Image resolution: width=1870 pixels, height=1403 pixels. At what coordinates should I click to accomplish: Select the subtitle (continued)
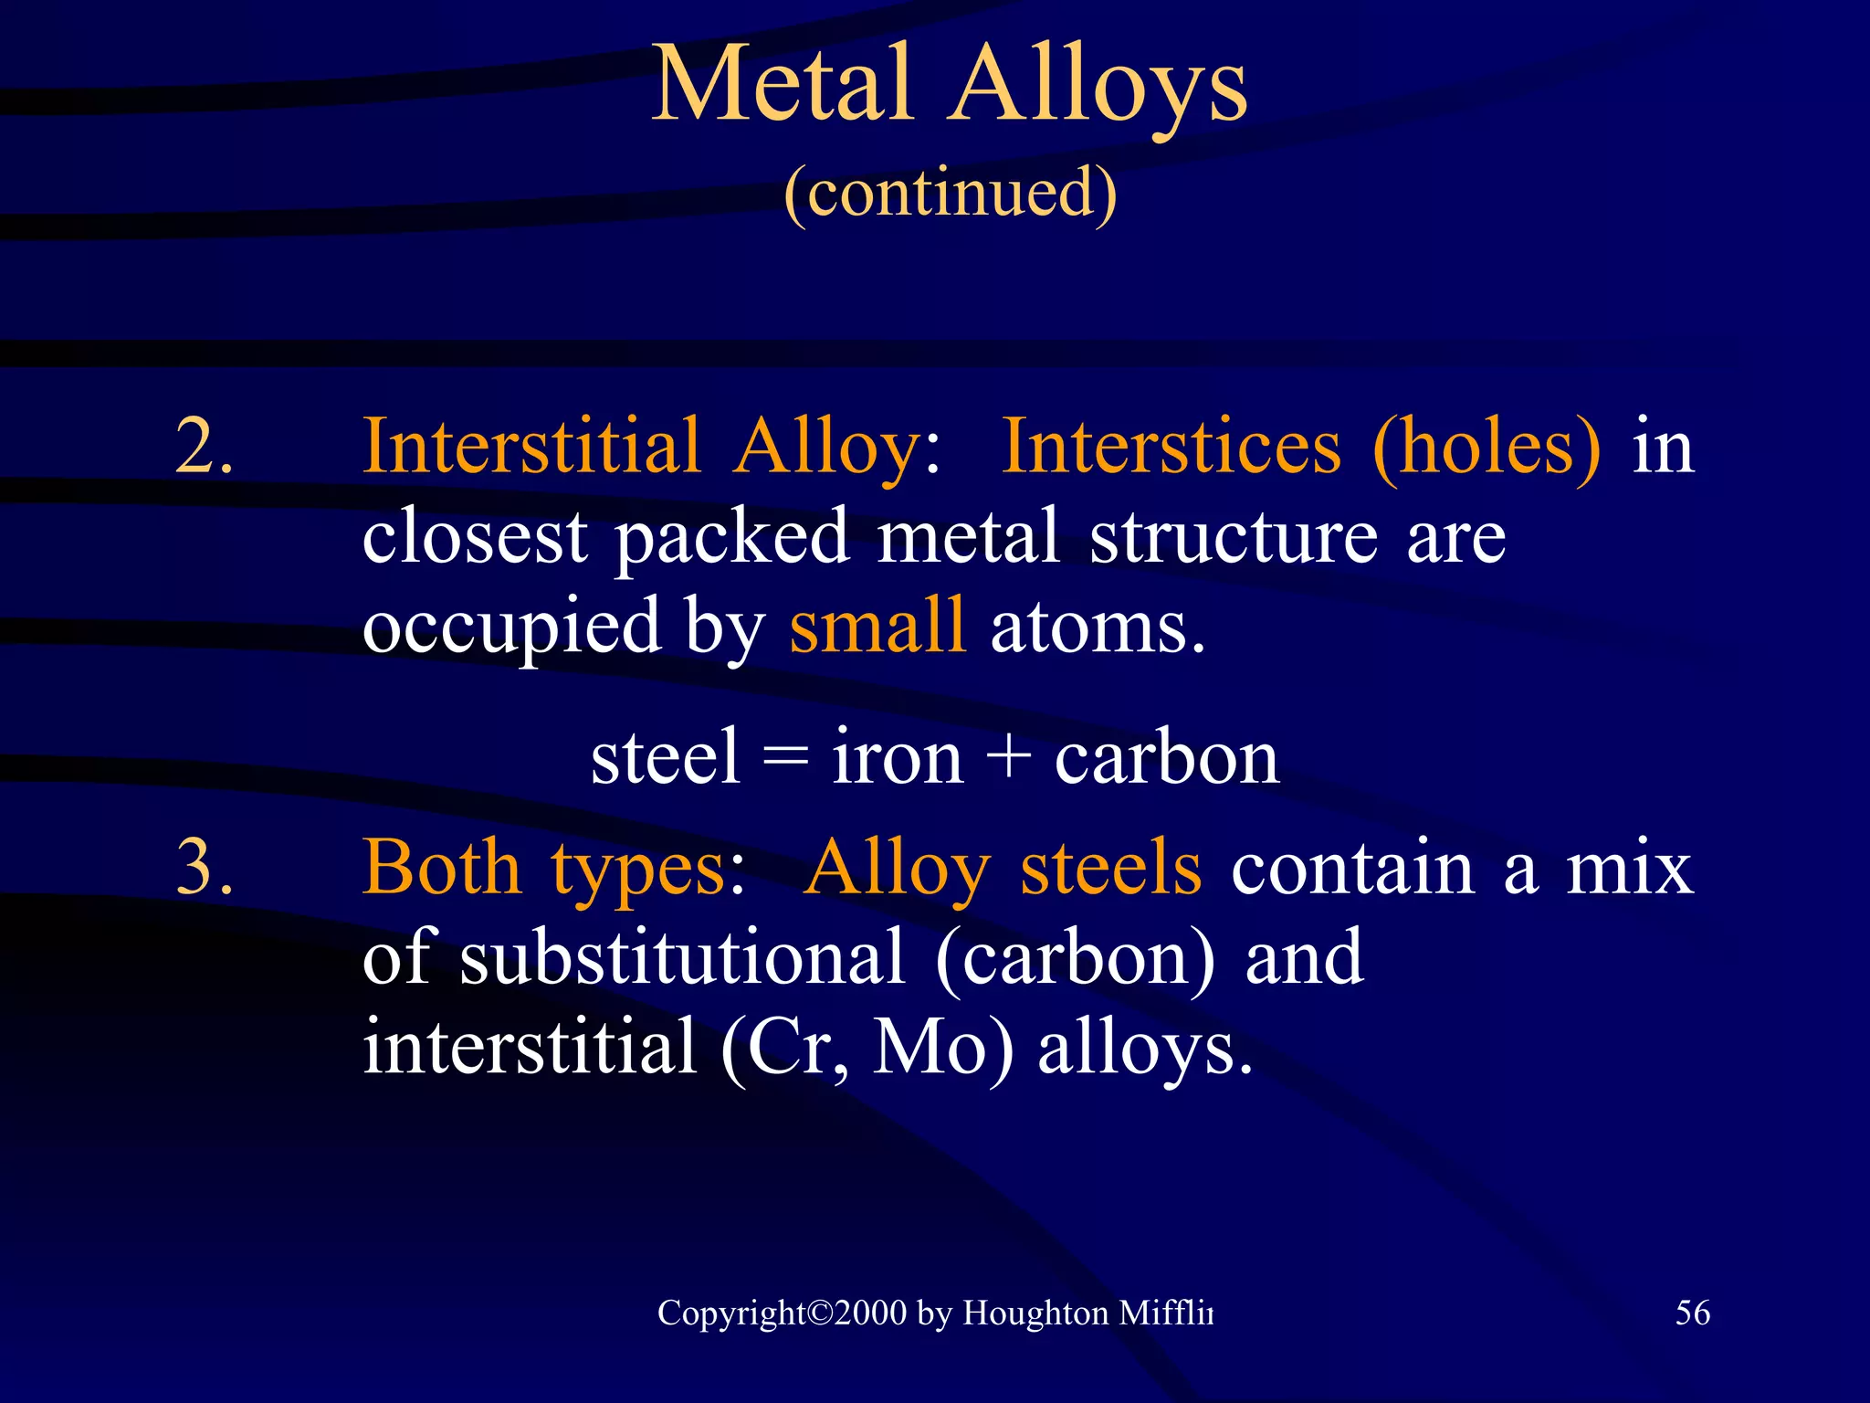tap(950, 193)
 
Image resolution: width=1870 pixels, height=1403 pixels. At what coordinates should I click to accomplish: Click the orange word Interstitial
tap(531, 446)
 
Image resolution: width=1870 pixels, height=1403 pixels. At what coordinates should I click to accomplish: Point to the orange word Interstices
tap(1171, 446)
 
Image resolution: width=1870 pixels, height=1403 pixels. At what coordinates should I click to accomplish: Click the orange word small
tap(877, 625)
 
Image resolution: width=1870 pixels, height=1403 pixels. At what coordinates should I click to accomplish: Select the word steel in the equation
tap(665, 757)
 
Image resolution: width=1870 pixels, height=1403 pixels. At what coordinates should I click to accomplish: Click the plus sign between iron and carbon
tap(1009, 759)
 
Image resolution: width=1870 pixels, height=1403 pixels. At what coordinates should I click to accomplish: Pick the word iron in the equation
tap(897, 757)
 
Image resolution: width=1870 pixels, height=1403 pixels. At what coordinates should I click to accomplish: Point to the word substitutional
tap(682, 956)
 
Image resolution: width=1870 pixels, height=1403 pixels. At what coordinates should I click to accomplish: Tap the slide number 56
tap(1692, 1313)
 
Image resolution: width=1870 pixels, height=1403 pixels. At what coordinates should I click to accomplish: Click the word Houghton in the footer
tap(1035, 1313)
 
